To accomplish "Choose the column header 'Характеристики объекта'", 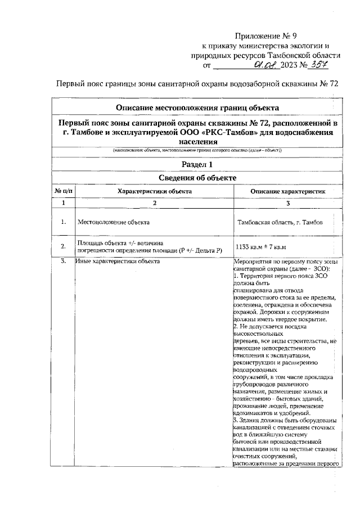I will tap(154, 191).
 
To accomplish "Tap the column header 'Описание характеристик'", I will tap(287, 191).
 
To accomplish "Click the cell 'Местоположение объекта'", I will tap(110, 222).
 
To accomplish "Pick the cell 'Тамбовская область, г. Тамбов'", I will tap(280, 222).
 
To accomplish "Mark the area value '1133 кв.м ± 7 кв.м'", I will tap(262, 246).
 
